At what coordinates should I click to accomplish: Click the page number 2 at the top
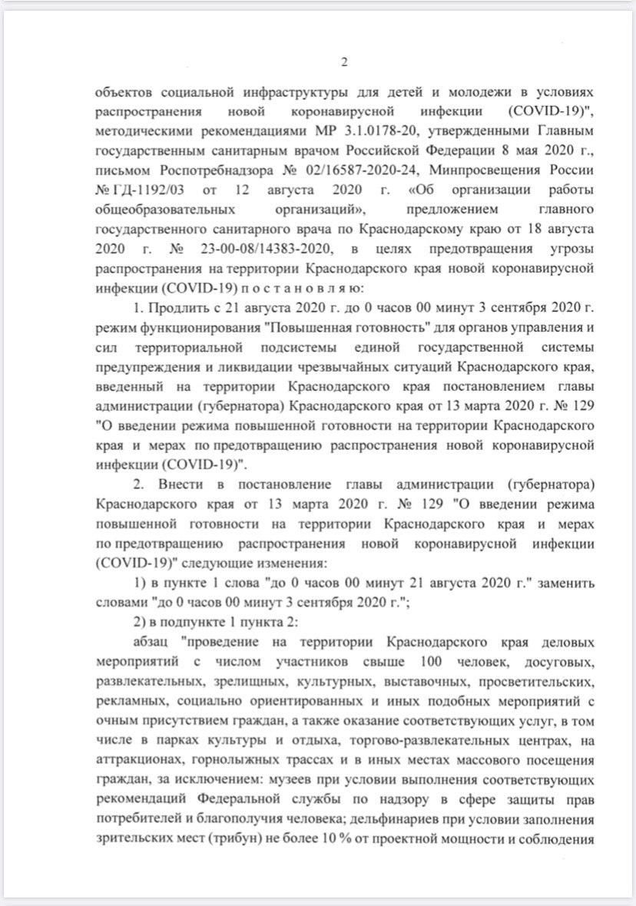click(345, 63)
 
